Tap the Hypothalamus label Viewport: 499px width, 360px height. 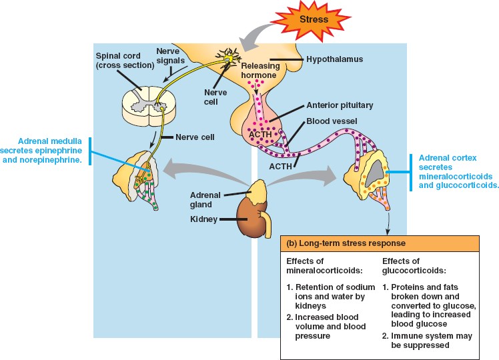click(x=334, y=59)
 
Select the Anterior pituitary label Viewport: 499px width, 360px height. click(x=340, y=105)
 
